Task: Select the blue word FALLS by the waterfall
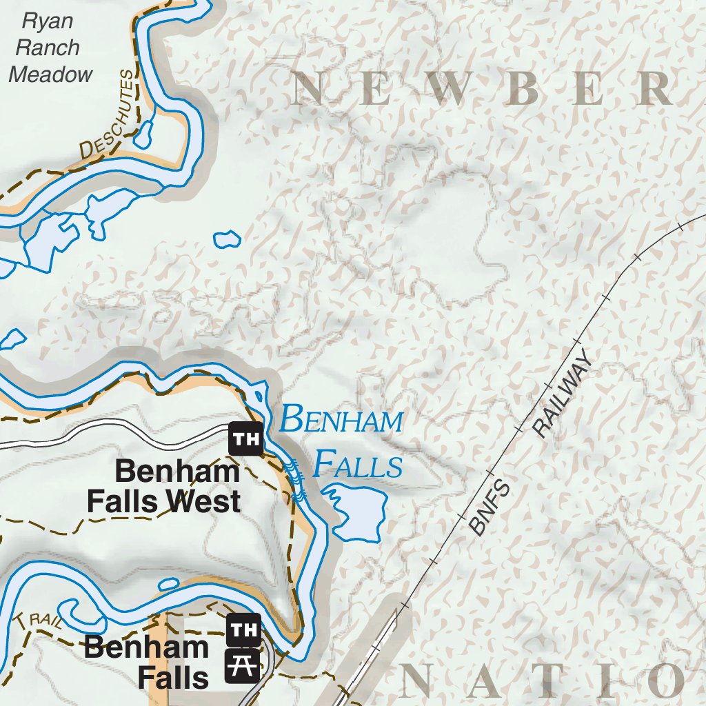(x=356, y=465)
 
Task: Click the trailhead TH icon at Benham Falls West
(x=245, y=438)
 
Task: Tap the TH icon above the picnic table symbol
(x=243, y=629)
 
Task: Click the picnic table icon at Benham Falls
(x=243, y=665)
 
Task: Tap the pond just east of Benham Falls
(x=358, y=514)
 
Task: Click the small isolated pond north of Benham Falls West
(x=227, y=239)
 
